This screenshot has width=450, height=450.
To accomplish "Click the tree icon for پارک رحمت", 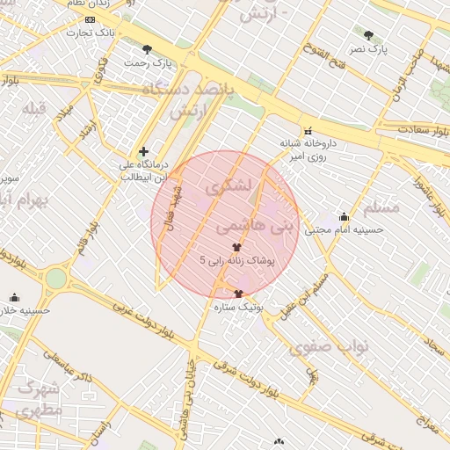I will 147,49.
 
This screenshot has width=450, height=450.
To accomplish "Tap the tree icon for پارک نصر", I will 368,35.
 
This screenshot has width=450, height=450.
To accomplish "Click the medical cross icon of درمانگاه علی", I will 144,151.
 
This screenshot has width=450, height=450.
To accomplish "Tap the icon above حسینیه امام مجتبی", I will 344,216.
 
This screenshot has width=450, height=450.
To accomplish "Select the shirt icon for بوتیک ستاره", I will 238,294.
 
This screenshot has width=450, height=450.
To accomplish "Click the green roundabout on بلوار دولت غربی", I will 56,279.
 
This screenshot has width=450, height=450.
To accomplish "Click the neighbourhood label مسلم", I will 381,207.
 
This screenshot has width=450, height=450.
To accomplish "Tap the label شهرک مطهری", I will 39,397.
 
